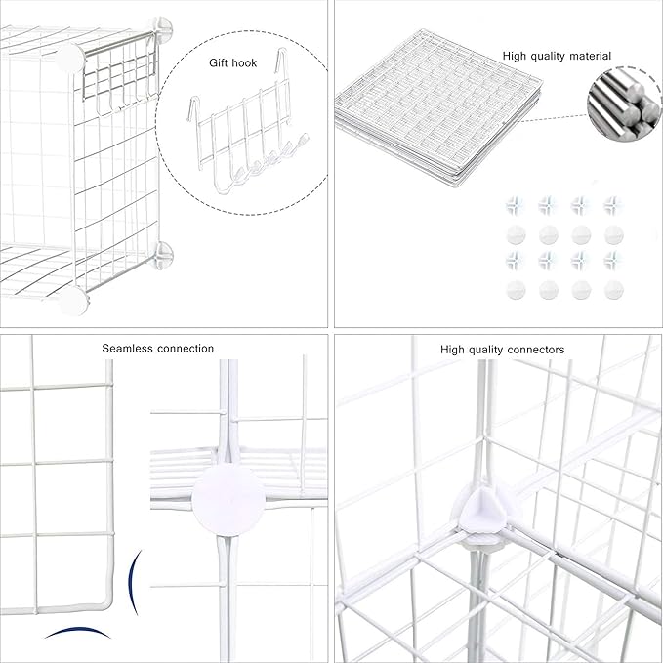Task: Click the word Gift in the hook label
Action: pyautogui.click(x=219, y=62)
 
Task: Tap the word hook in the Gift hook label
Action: pyautogui.click(x=245, y=62)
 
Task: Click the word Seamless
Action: pyautogui.click(x=128, y=349)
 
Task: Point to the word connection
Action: pyautogui.click(x=185, y=349)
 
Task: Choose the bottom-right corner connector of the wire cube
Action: pyautogui.click(x=161, y=256)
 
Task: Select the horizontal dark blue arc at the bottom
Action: pyautogui.click(x=74, y=632)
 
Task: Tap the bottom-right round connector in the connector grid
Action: pyautogui.click(x=613, y=290)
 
